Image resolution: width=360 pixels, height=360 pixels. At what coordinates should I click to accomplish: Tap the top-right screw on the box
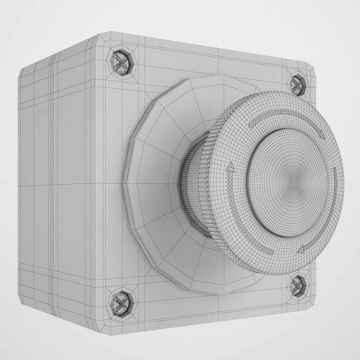(296, 84)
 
